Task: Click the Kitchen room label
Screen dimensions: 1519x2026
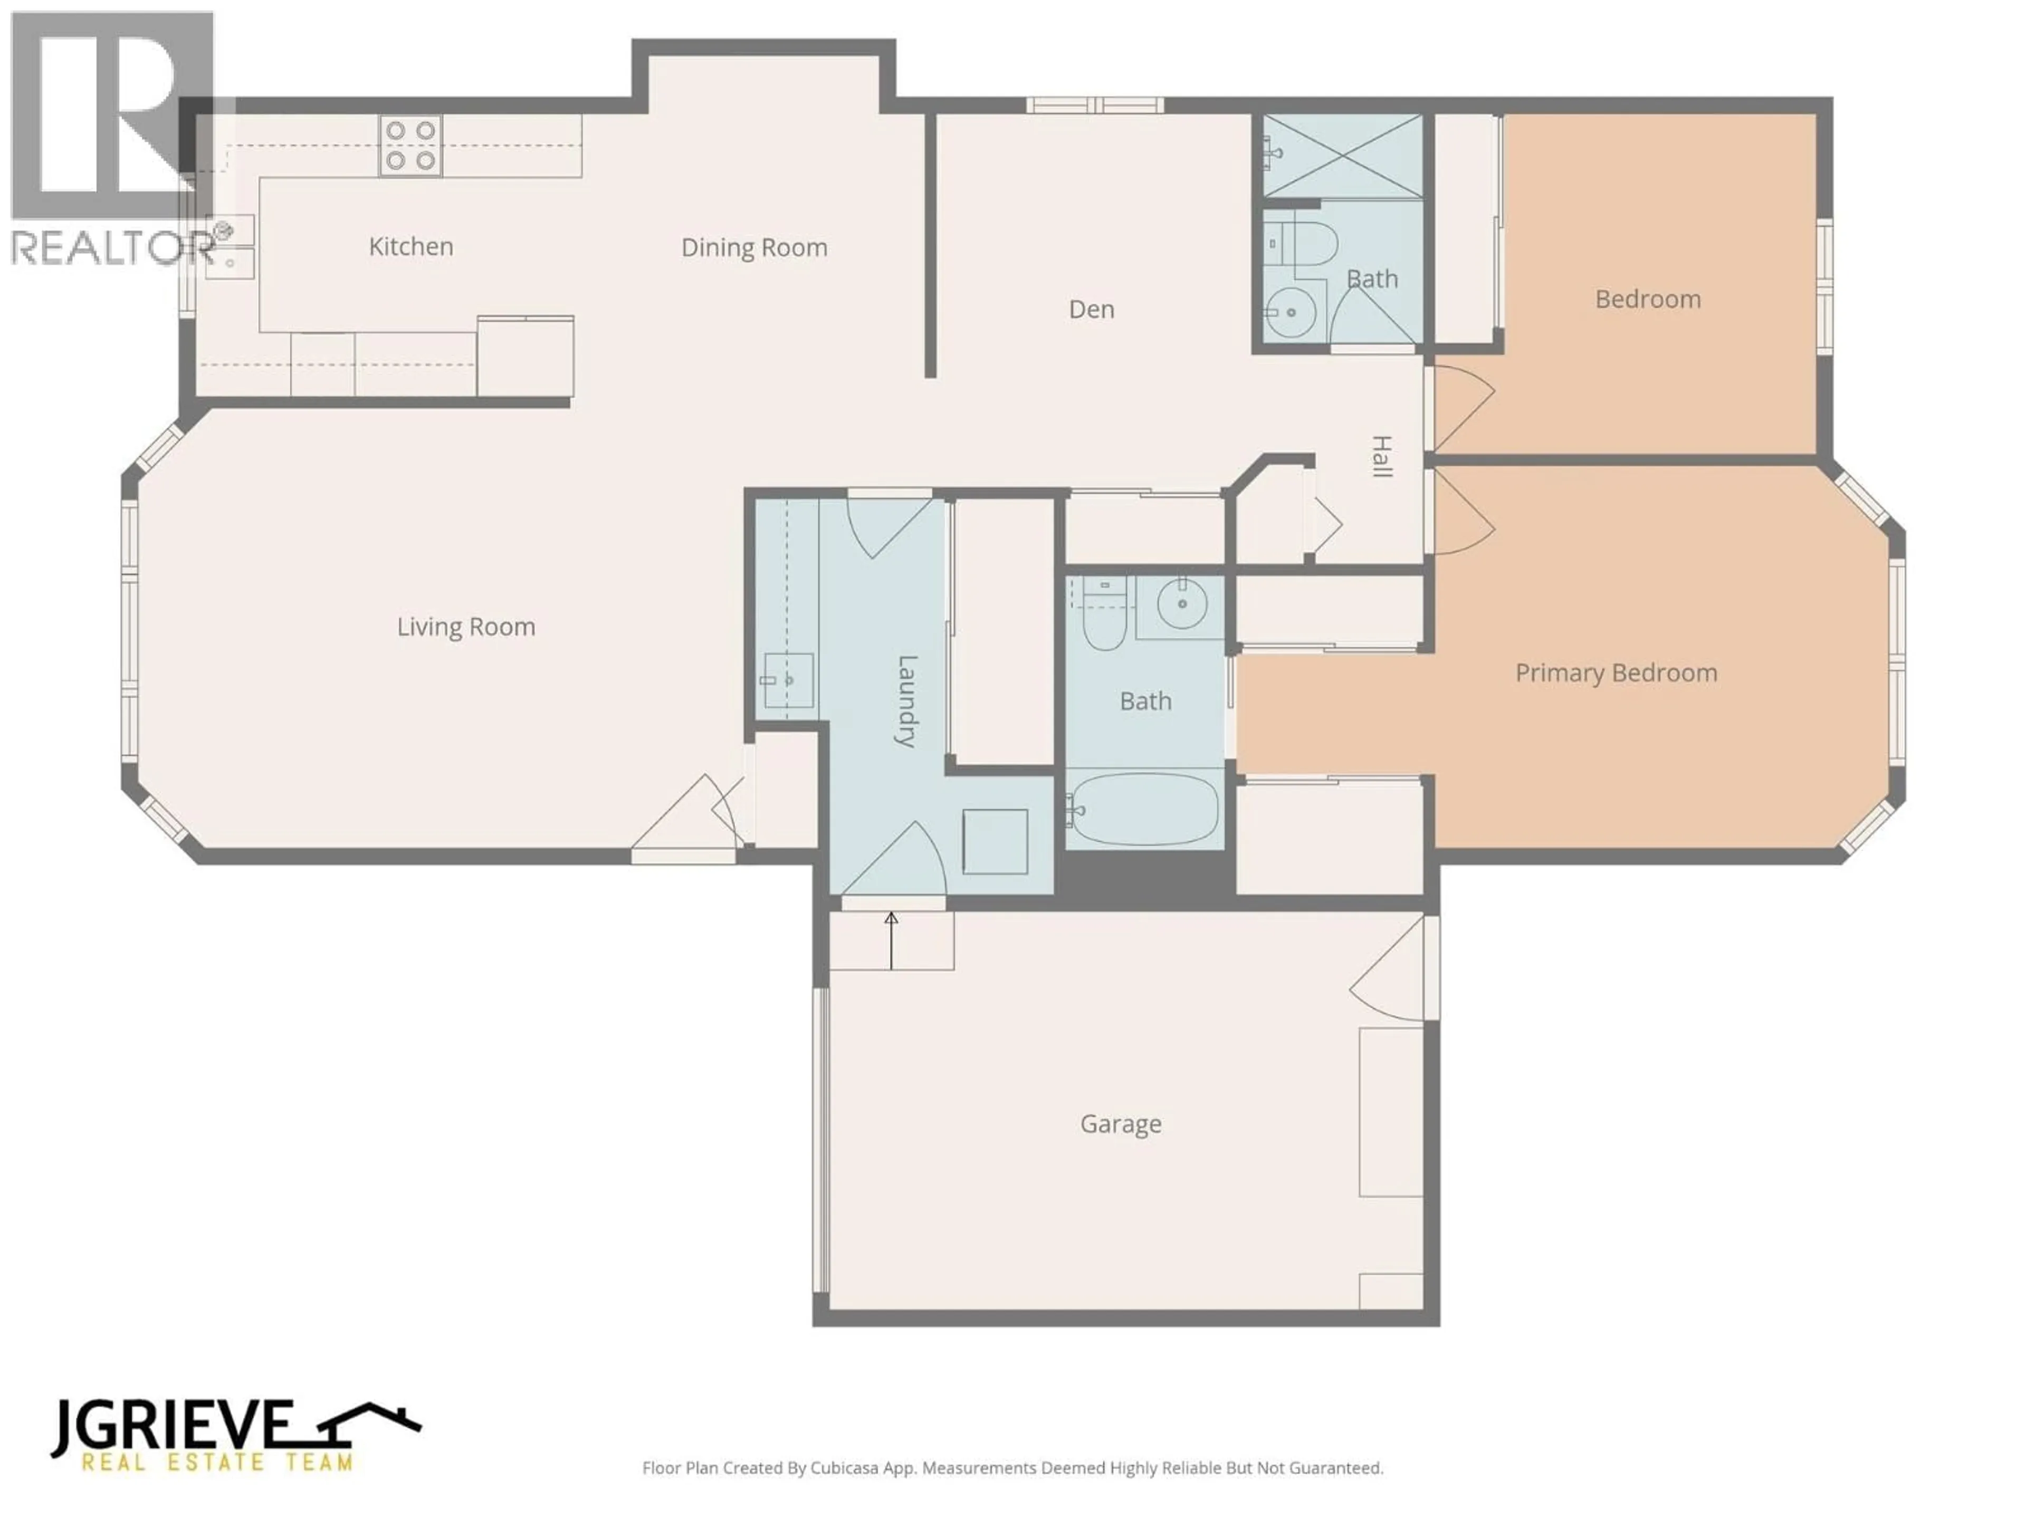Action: (410, 246)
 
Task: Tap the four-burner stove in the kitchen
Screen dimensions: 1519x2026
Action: (410, 146)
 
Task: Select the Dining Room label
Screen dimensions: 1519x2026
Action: (754, 247)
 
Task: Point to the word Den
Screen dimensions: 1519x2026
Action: (1091, 310)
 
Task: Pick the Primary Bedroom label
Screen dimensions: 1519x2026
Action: (1616, 673)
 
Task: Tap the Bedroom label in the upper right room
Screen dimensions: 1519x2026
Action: (1648, 300)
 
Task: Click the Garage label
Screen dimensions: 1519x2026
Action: (1120, 1123)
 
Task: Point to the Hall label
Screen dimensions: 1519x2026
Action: (1380, 456)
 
